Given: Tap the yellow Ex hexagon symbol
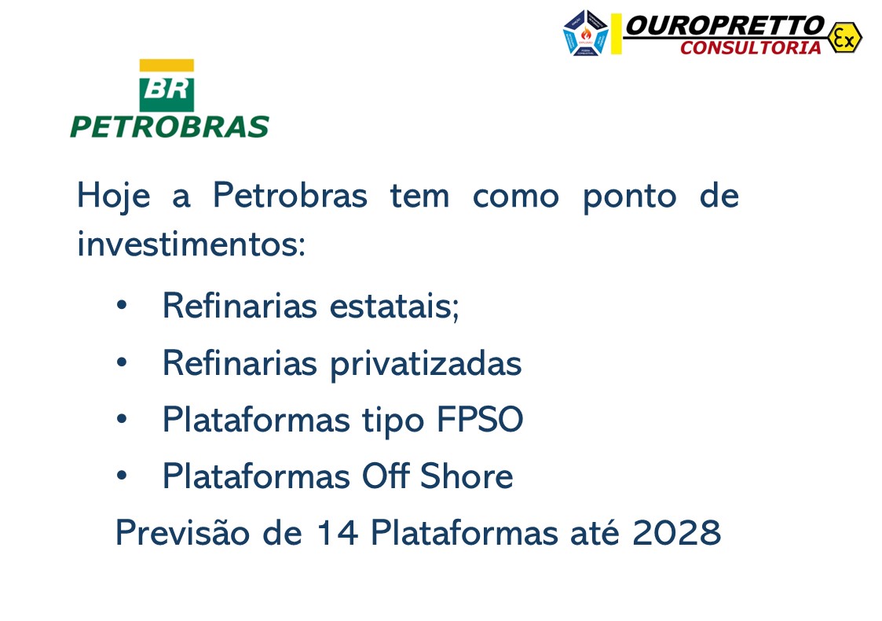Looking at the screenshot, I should point(844,37).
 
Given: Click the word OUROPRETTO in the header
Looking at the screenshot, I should point(724,26).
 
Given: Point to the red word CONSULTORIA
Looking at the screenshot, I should point(750,48).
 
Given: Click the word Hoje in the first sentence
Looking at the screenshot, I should point(113,196).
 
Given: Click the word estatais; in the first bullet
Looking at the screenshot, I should point(394,306).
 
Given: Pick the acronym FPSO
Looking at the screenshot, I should point(479,420).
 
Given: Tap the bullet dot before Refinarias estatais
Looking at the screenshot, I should point(121,305).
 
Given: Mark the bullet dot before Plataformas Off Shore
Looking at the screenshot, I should point(121,476).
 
